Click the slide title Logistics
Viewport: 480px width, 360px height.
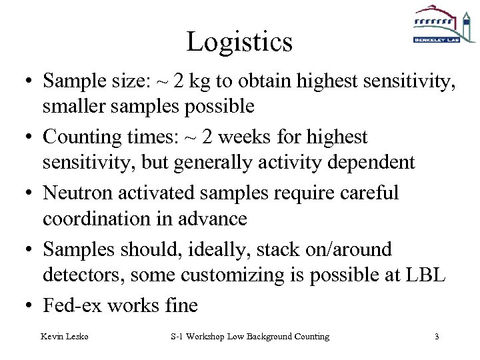coord(239,42)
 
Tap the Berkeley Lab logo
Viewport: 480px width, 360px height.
coord(436,25)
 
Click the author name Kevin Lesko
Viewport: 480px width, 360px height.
coord(65,337)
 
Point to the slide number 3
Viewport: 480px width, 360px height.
coord(437,337)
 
